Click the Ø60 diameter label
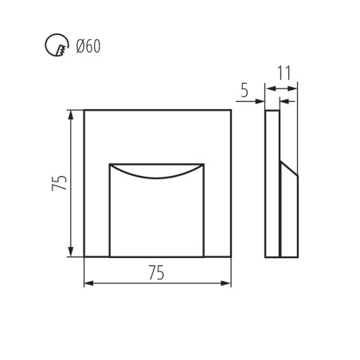click(x=88, y=46)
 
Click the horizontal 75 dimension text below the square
click(x=156, y=272)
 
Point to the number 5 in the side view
click(x=245, y=91)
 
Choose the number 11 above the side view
click(x=284, y=72)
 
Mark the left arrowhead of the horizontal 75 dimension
click(x=88, y=283)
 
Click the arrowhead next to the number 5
click(x=260, y=101)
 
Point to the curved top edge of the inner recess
click(x=156, y=174)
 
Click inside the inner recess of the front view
click(x=156, y=215)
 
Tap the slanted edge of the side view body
click(x=289, y=168)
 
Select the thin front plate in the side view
click(x=272, y=183)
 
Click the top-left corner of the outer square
click(x=84, y=110)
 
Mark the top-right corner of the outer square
click(x=231, y=110)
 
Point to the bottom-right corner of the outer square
click(x=231, y=256)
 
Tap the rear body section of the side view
click(x=289, y=215)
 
